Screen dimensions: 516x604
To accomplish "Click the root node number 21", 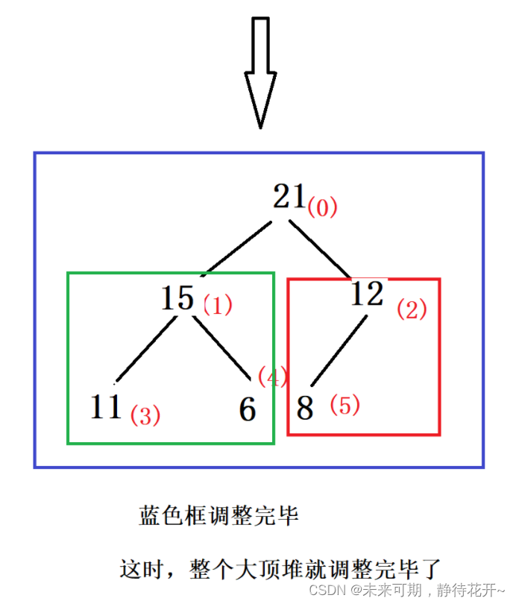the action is click(289, 197).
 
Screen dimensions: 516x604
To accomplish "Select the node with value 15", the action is click(177, 298).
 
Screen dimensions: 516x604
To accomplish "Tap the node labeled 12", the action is click(368, 295).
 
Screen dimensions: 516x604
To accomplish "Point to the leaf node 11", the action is click(106, 407).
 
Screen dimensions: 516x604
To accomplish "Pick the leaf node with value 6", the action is click(248, 409).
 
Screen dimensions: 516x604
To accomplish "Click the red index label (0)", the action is click(322, 207).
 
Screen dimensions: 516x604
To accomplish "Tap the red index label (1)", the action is click(218, 304).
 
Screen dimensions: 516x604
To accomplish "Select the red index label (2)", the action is click(412, 309).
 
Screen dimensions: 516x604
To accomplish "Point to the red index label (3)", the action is click(145, 415).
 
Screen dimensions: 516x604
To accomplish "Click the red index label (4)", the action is click(272, 377).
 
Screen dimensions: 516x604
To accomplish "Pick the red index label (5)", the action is click(344, 405).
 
